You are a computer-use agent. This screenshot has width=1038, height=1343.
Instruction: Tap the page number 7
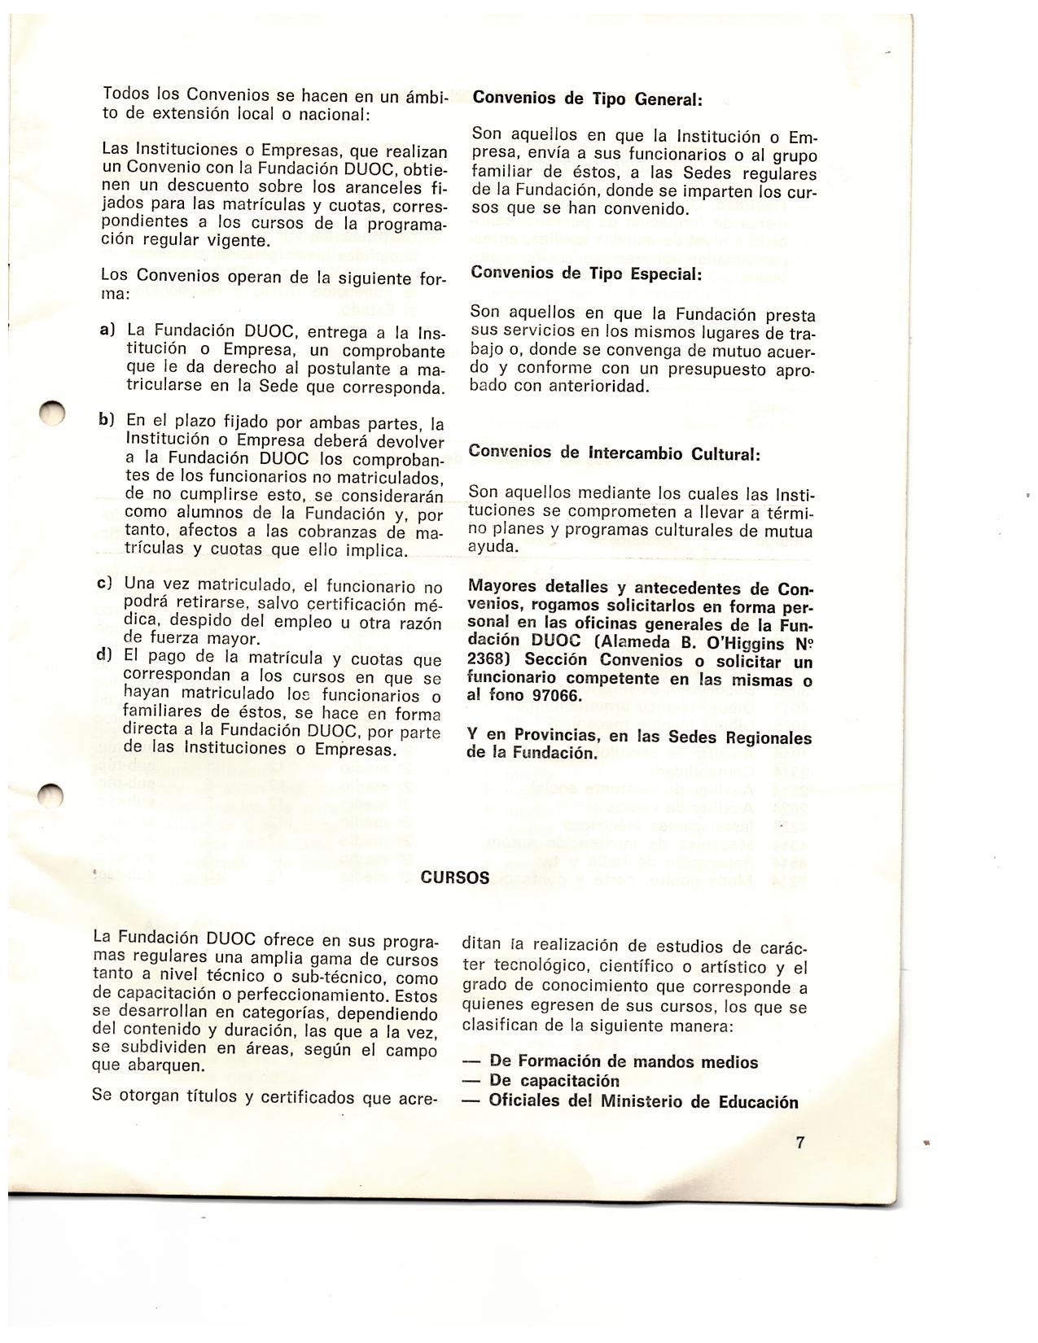point(800,1143)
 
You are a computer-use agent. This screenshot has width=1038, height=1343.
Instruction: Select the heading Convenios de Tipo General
point(587,98)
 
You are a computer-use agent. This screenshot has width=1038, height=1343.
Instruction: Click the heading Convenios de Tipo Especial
point(585,273)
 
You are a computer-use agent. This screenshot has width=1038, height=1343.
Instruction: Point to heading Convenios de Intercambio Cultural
point(615,453)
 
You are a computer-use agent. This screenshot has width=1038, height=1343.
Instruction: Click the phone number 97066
point(554,696)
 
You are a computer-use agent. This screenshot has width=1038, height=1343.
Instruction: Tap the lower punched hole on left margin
point(50,794)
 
